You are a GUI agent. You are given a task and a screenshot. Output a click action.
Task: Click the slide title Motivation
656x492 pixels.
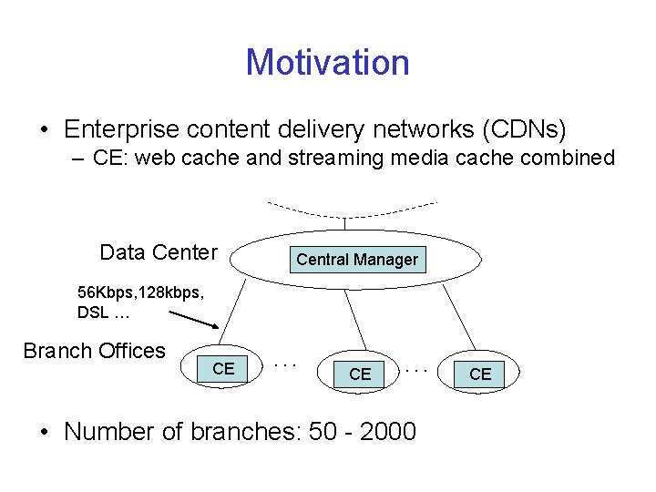327,63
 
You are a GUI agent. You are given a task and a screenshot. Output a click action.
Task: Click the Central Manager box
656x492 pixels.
356,260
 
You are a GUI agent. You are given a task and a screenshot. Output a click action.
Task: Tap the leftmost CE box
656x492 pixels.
223,369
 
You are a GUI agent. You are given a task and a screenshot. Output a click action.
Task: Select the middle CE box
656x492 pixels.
360,374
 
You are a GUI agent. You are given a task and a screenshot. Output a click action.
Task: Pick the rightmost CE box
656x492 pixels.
480,374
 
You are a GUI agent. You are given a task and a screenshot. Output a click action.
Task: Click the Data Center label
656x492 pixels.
159,252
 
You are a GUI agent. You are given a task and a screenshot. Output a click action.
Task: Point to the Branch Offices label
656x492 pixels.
95,351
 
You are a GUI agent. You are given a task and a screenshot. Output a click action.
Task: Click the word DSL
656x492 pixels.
94,313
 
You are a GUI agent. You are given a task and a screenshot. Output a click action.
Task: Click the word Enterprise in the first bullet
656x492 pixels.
123,128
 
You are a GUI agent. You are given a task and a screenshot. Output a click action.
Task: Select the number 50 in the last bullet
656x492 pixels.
323,431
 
